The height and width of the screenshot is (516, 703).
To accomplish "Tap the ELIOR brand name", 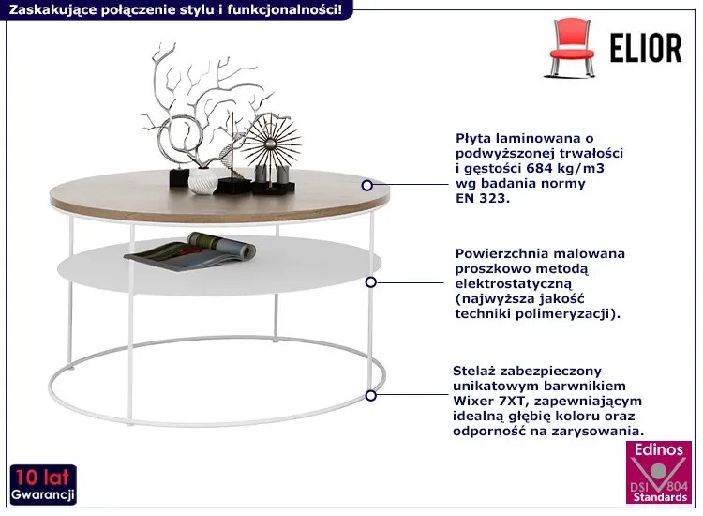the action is (x=646, y=48).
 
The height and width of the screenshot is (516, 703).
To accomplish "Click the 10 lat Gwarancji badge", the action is (x=43, y=485).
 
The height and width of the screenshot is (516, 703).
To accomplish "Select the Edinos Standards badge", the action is (x=659, y=473).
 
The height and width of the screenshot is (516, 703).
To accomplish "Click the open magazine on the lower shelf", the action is (x=190, y=251).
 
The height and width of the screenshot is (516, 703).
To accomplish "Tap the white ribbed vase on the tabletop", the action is (x=202, y=181).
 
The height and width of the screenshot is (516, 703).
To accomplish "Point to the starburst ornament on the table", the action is (x=271, y=144).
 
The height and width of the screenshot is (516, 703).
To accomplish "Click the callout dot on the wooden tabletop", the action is (x=367, y=185).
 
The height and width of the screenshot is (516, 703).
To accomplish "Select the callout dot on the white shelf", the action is (x=371, y=282).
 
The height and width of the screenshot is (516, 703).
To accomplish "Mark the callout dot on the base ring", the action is (x=371, y=396).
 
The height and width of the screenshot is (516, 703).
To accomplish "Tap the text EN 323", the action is (x=483, y=198).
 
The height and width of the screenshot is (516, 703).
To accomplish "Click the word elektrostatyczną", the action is (x=514, y=284).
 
